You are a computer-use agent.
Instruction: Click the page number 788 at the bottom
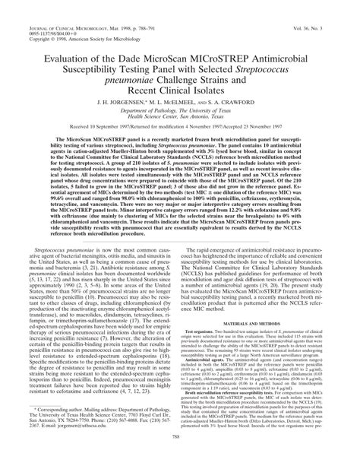pyautogui.click(x=179, y=457)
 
